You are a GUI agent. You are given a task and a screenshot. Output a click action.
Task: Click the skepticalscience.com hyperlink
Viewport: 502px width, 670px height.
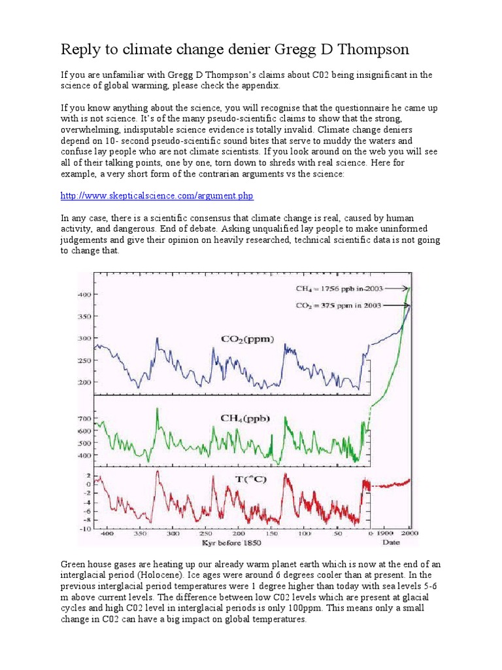[157, 196]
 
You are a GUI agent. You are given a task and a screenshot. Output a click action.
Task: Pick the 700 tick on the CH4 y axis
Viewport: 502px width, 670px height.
[86, 418]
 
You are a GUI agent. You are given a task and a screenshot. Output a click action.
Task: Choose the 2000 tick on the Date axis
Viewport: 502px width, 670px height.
[410, 534]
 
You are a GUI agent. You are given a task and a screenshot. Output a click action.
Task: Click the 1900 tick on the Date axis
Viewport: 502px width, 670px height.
[386, 534]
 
